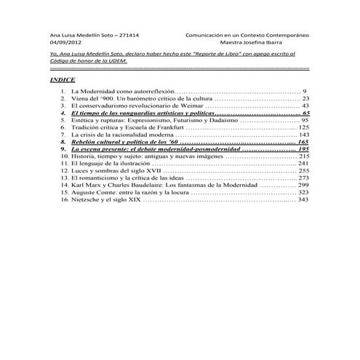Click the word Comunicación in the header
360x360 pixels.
205,33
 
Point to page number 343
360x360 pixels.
303,199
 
